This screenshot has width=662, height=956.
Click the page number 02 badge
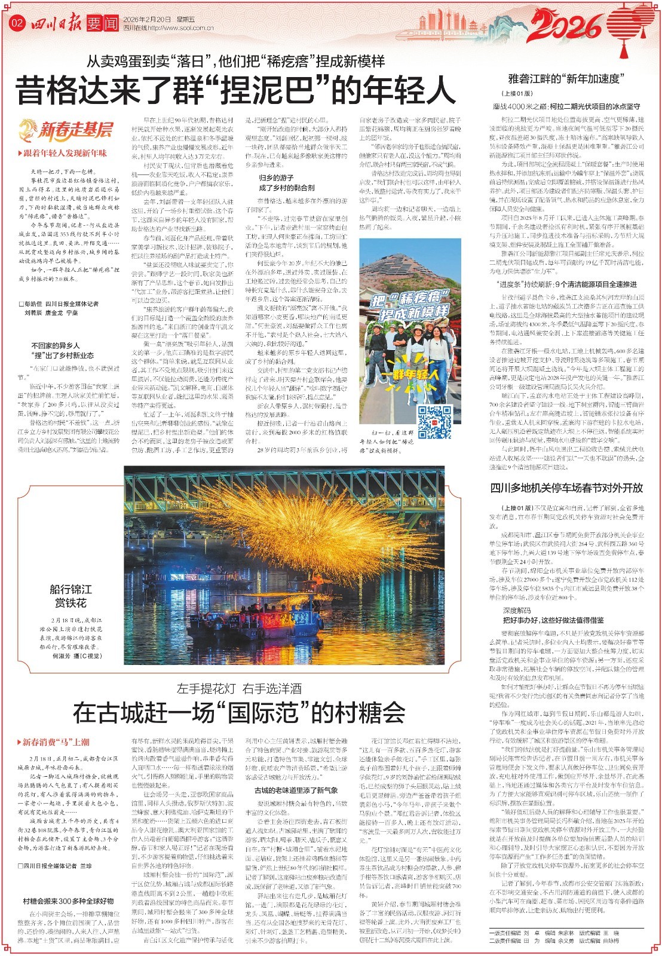[17, 23]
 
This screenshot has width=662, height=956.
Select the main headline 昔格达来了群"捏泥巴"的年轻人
[237, 90]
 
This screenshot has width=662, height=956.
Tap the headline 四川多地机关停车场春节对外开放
[566, 488]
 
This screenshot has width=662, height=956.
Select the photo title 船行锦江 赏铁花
[71, 596]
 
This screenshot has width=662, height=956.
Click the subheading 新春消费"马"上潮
[56, 742]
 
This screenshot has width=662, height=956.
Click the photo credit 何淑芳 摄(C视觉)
[77, 655]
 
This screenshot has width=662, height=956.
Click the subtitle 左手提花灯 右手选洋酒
[238, 688]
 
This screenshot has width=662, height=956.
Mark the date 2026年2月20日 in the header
[146, 19]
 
